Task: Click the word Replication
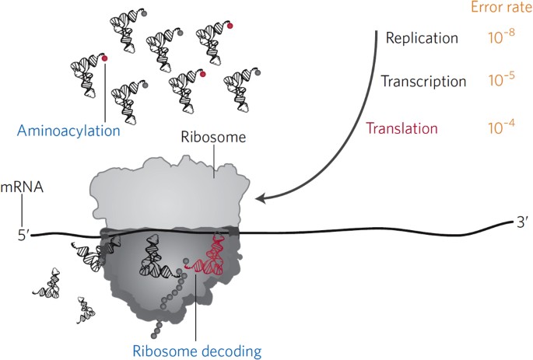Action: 422,37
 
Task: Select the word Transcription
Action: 423,81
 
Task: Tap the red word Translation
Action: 402,128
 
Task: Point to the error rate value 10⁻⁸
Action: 501,37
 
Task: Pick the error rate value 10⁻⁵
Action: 501,79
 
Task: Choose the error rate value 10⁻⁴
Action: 501,127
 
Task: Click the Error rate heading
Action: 501,7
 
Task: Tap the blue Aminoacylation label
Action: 68,131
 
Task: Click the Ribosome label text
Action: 213,137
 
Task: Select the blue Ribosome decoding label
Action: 197,351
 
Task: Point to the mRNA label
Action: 22,187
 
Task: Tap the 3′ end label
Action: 522,223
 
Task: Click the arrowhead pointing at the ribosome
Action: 260,198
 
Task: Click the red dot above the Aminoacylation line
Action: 105,58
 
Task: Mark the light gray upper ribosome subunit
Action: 169,193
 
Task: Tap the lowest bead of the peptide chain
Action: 153,336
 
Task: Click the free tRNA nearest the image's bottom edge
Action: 86,309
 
